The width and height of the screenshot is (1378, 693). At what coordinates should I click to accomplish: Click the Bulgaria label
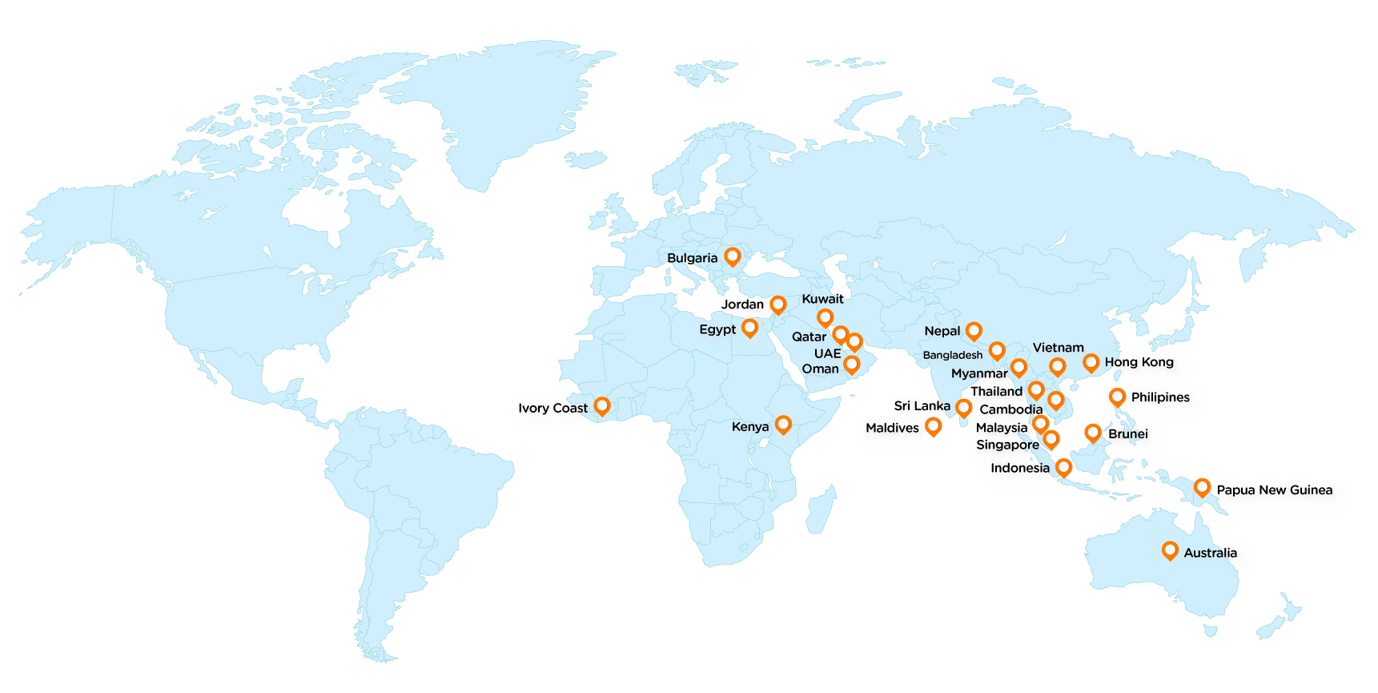(x=692, y=258)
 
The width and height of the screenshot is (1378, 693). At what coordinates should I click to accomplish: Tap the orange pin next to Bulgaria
(x=732, y=256)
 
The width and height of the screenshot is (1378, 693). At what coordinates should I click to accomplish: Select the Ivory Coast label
(x=552, y=408)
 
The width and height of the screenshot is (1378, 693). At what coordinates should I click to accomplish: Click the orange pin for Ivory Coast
(x=601, y=406)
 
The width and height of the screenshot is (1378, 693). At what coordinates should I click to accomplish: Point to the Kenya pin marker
(x=783, y=424)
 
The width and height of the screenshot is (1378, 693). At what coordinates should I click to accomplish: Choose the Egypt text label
(x=717, y=329)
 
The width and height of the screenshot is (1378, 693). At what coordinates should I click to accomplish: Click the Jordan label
(x=742, y=304)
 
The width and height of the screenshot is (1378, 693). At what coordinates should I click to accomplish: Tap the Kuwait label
(x=822, y=299)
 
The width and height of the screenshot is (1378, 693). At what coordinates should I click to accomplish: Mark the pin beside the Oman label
(x=851, y=365)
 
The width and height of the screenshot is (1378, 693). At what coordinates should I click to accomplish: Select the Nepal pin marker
(x=974, y=330)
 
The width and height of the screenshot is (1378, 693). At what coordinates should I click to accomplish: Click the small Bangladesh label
(x=952, y=355)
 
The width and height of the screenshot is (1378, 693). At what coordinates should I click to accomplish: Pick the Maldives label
(x=892, y=428)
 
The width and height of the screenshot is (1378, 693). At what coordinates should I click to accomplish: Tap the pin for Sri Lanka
(x=963, y=407)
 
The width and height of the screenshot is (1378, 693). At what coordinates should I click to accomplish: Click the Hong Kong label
(x=1139, y=362)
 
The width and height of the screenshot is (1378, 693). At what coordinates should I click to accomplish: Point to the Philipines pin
(x=1117, y=397)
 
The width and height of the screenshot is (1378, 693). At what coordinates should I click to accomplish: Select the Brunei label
(x=1127, y=433)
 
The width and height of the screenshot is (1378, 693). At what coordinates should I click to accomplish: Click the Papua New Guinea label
(x=1274, y=490)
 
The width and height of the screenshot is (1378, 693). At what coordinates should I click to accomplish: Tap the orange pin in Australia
(x=1170, y=550)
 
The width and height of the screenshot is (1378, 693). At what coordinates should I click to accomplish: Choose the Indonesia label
(x=1019, y=468)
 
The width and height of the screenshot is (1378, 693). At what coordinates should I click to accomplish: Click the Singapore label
(x=1007, y=445)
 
